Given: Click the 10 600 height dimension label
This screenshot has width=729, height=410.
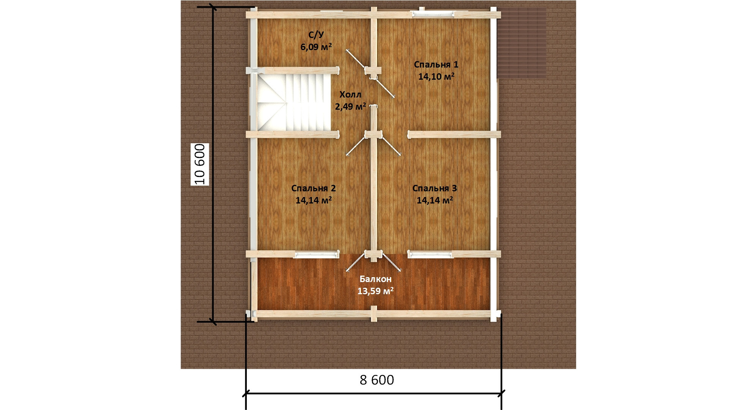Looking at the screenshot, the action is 200,164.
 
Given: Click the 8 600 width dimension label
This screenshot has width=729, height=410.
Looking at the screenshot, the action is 377,380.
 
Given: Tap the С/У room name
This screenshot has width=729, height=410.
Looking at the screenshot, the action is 316,35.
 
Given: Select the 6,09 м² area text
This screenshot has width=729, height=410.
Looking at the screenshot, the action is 316,47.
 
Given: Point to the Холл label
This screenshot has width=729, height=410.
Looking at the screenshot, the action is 350,95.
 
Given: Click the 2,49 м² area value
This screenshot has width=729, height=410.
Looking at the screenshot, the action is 350,106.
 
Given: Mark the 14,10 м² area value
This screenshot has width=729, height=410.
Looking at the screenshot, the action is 436,77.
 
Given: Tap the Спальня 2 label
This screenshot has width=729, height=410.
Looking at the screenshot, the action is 314,188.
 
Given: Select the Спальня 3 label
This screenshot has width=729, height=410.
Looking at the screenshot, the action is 435,188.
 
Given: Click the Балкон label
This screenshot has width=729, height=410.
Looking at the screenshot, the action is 376,279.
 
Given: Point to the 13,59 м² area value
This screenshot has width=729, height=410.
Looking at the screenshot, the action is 376,291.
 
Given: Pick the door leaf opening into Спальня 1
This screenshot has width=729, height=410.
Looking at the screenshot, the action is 385,88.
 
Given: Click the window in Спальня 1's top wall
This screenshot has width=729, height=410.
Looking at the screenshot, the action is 434,14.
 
